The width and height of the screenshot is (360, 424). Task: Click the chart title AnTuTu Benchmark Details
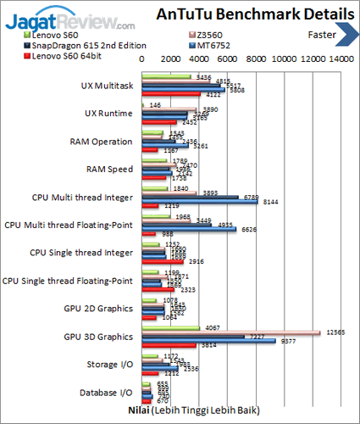(x=255, y=14)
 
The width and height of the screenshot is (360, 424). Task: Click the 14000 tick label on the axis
(x=341, y=59)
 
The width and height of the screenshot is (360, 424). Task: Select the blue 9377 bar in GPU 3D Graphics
(x=209, y=342)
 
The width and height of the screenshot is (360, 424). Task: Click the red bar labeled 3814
(x=169, y=346)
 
